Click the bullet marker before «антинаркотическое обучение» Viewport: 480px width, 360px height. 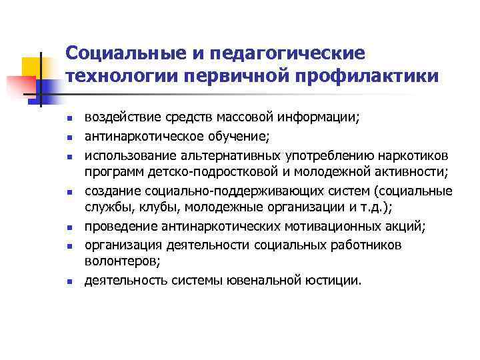pos(69,138)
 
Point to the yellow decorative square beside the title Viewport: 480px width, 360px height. pos(32,66)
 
